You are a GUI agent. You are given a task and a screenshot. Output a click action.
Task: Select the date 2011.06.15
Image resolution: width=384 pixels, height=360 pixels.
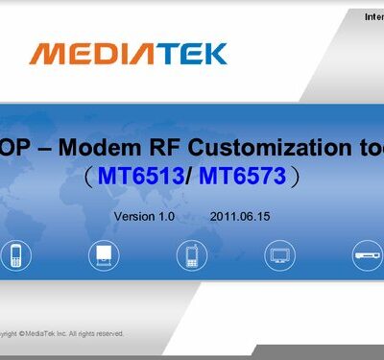click(239, 217)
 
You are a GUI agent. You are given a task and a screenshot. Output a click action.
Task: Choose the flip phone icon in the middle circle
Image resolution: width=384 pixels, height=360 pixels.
click(190, 254)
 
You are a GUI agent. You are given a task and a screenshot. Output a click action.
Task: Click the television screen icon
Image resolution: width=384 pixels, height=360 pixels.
click(278, 254)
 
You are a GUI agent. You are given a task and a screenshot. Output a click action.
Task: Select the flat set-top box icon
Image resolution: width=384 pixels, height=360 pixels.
click(367, 254)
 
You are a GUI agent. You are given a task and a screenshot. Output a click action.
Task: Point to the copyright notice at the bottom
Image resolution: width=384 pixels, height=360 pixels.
click(61, 334)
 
